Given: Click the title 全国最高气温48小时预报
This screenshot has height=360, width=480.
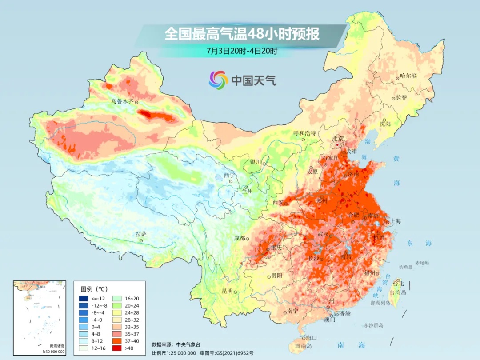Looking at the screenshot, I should [x=242, y=34].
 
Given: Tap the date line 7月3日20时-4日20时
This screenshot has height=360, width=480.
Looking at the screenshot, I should [x=242, y=51].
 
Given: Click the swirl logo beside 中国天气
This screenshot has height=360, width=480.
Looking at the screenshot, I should [x=218, y=80].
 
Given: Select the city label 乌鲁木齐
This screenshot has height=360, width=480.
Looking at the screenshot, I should [x=122, y=101].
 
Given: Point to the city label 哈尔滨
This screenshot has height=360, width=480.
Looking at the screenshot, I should [x=408, y=76].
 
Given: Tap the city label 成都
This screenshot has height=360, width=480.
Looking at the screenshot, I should [x=239, y=238].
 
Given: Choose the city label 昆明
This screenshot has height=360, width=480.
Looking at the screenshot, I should [x=227, y=291].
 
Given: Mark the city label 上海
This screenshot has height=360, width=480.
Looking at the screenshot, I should [x=395, y=221].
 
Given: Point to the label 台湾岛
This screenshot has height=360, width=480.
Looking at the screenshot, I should [x=398, y=292].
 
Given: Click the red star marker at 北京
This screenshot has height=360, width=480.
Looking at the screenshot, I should [x=338, y=145].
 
